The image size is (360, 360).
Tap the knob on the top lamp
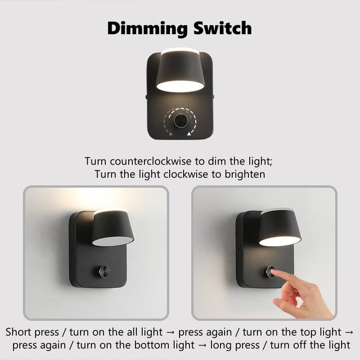click(181, 121)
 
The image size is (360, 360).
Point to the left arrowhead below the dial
click(171, 133)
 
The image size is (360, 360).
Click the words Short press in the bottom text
click(32, 333)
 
